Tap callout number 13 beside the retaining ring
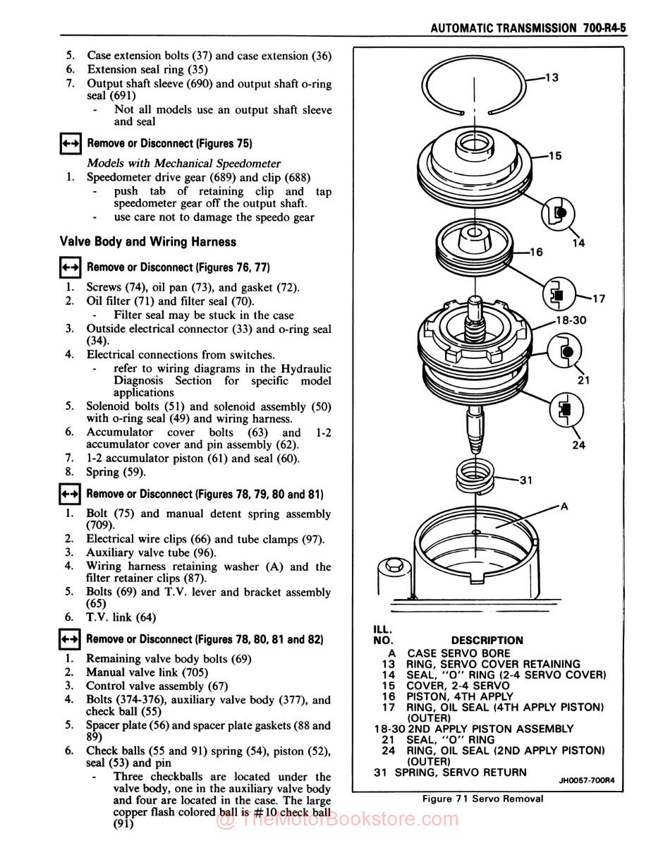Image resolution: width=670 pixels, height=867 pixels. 552,78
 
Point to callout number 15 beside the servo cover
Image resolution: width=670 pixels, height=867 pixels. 555,156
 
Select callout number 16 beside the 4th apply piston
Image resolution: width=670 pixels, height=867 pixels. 536,252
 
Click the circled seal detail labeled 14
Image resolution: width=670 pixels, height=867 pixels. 559,212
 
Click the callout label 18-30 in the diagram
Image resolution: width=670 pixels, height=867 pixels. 571,320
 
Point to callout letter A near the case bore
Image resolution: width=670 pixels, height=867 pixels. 564,506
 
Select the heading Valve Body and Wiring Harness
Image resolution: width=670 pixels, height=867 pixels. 148,242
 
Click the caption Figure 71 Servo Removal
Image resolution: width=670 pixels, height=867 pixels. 483,799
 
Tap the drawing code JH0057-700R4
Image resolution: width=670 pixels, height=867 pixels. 587,780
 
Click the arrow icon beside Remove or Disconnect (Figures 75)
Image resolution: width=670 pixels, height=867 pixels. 71,144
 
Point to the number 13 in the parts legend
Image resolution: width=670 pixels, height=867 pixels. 388,664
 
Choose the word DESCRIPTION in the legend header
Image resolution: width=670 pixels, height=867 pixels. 487,641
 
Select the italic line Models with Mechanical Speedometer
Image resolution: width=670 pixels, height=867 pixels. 183,164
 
